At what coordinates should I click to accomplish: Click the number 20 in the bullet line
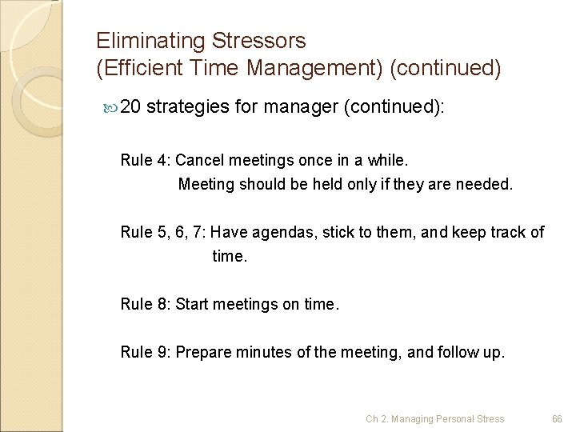132,108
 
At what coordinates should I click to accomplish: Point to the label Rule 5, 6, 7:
164,232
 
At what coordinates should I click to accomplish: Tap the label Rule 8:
145,304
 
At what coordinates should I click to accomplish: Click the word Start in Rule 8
192,304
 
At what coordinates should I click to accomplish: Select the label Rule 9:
145,351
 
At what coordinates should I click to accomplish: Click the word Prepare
202,351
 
